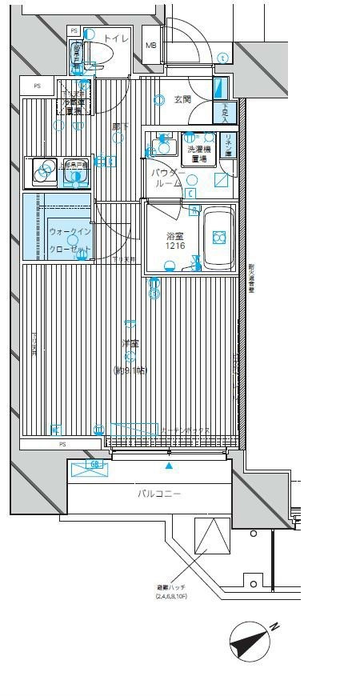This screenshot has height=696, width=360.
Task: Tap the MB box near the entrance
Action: point(150,45)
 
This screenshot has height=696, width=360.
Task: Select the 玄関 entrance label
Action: point(182,99)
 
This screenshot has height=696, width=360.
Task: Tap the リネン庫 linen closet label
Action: point(229,146)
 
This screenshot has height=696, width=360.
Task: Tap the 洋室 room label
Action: point(130,343)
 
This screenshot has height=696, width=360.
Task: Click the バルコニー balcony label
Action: point(159,494)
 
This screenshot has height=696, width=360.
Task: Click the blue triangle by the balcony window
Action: point(168,465)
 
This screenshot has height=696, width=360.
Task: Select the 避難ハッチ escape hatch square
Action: point(212,537)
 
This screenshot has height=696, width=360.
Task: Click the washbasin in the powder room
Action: point(164,146)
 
